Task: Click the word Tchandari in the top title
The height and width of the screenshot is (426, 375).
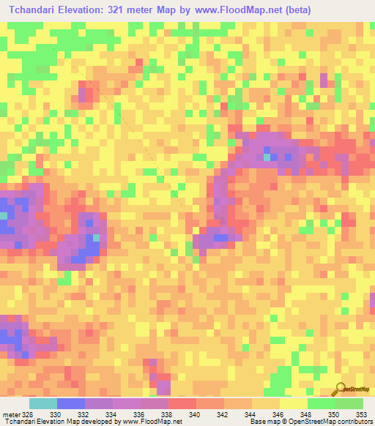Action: [35, 10]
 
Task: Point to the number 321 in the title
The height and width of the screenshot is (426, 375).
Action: [120, 10]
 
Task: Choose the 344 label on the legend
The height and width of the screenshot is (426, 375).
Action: [252, 414]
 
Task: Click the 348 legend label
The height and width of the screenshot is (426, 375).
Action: [308, 414]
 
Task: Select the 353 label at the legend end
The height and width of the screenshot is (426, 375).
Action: [362, 414]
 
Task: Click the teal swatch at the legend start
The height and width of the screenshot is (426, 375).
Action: [43, 403]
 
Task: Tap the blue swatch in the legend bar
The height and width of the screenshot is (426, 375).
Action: [71, 403]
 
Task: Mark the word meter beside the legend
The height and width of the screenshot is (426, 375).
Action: [10, 414]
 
